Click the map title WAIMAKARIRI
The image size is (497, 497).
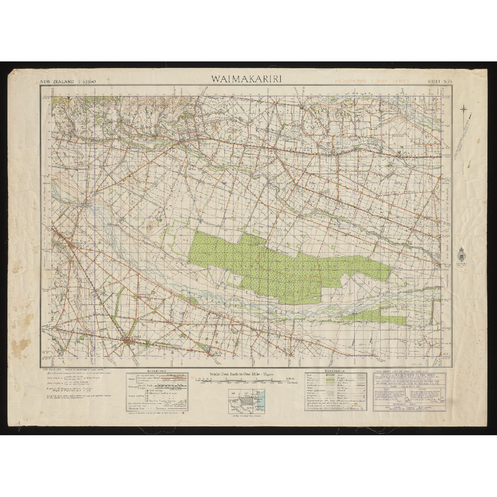pos(247,79)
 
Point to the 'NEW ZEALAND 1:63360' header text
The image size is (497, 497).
pos(67,81)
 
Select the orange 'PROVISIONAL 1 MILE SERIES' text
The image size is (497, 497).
pos(372,81)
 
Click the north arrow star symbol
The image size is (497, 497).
pos(464,110)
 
